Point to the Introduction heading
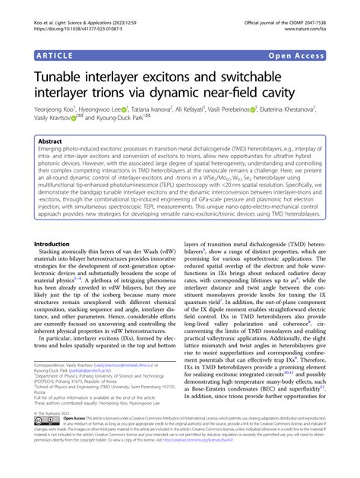coord(59,223)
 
